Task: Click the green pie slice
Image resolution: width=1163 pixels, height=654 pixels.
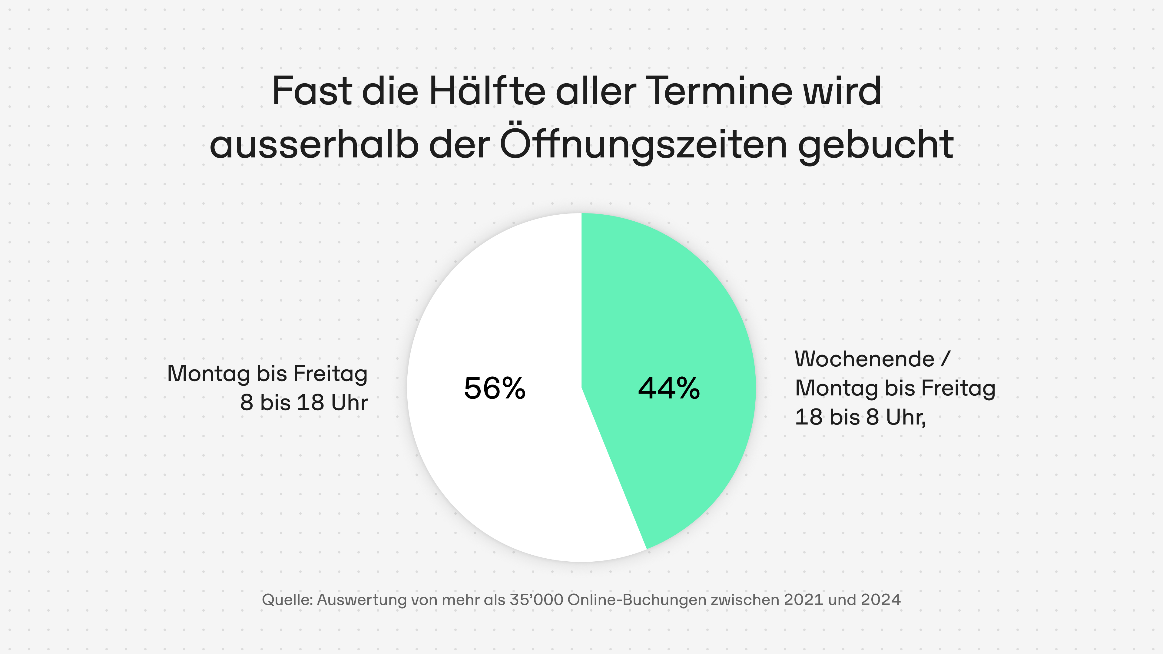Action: tap(677, 316)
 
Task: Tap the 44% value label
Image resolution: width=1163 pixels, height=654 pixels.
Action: tap(669, 388)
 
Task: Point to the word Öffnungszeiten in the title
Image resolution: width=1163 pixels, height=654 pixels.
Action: tap(643, 145)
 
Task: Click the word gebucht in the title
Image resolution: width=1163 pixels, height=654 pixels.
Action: tap(876, 145)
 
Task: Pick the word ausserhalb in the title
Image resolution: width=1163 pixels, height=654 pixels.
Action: tap(314, 145)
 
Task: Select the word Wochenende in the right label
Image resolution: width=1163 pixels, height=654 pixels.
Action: tap(864, 359)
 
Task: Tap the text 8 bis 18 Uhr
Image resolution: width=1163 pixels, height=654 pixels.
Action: tap(304, 403)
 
